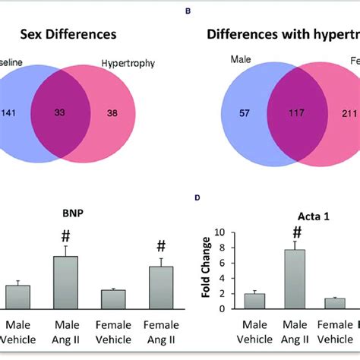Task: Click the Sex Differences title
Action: (68, 34)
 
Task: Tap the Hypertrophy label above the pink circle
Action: (127, 65)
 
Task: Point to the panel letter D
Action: (197, 198)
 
